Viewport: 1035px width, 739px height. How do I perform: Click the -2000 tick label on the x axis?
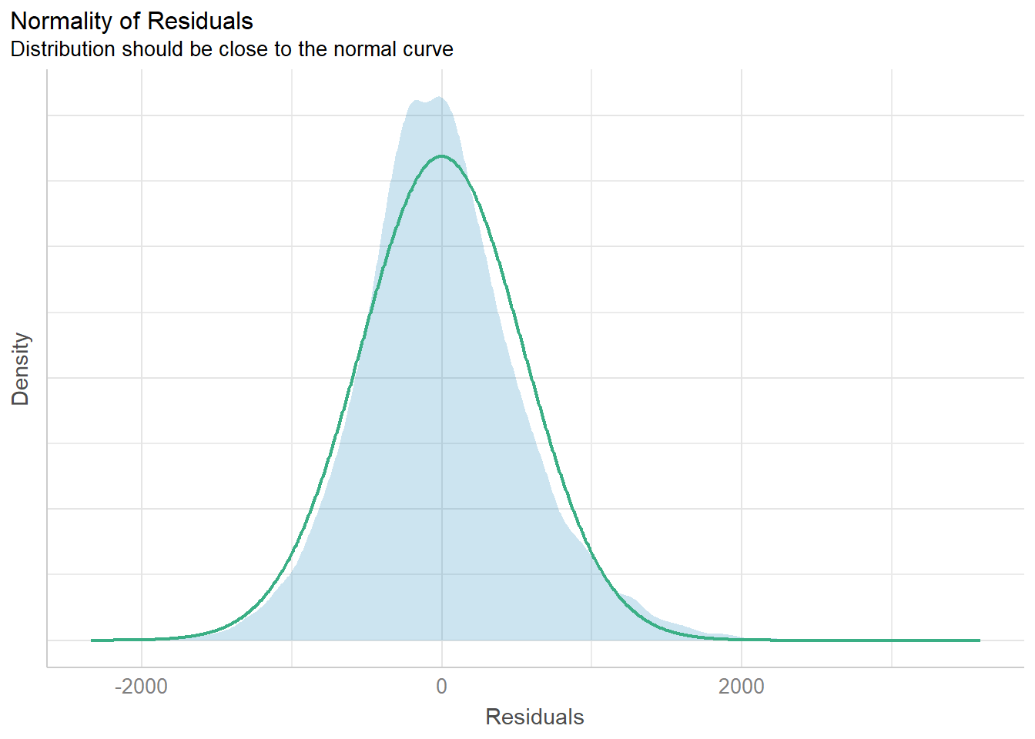[141, 687]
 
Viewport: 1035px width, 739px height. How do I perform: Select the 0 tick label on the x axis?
[441, 687]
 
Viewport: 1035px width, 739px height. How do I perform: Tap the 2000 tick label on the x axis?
[741, 687]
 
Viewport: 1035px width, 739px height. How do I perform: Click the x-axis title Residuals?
[534, 717]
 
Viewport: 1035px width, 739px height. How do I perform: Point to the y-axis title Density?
[20, 369]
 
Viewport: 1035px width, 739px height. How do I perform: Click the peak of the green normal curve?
[441, 156]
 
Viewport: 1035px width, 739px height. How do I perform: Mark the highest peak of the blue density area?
[439, 98]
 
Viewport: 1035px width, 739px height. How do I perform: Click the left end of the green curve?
[92, 640]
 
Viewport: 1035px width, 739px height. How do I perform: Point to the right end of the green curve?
[979, 640]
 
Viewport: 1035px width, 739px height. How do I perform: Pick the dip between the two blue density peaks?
[425, 102]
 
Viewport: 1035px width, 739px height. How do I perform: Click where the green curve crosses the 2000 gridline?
[742, 638]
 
